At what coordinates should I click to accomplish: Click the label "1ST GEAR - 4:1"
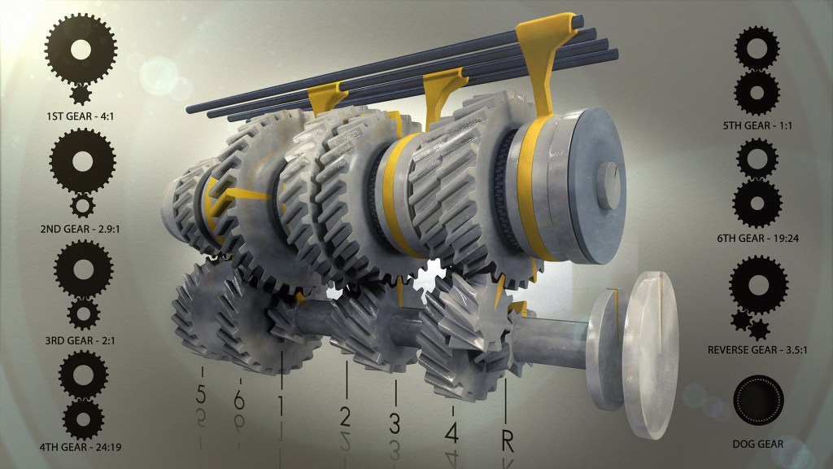(81, 116)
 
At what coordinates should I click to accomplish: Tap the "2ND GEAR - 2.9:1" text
(81, 229)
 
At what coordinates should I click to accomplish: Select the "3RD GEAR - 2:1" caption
(81, 340)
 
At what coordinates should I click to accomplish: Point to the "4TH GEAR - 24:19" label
(81, 447)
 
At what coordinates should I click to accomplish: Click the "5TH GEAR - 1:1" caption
(757, 126)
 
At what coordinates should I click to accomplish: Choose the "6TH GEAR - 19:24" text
(757, 239)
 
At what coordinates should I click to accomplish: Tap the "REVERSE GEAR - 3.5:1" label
(757, 350)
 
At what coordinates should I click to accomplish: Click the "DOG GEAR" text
(757, 444)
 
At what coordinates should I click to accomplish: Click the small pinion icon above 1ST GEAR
(81, 94)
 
